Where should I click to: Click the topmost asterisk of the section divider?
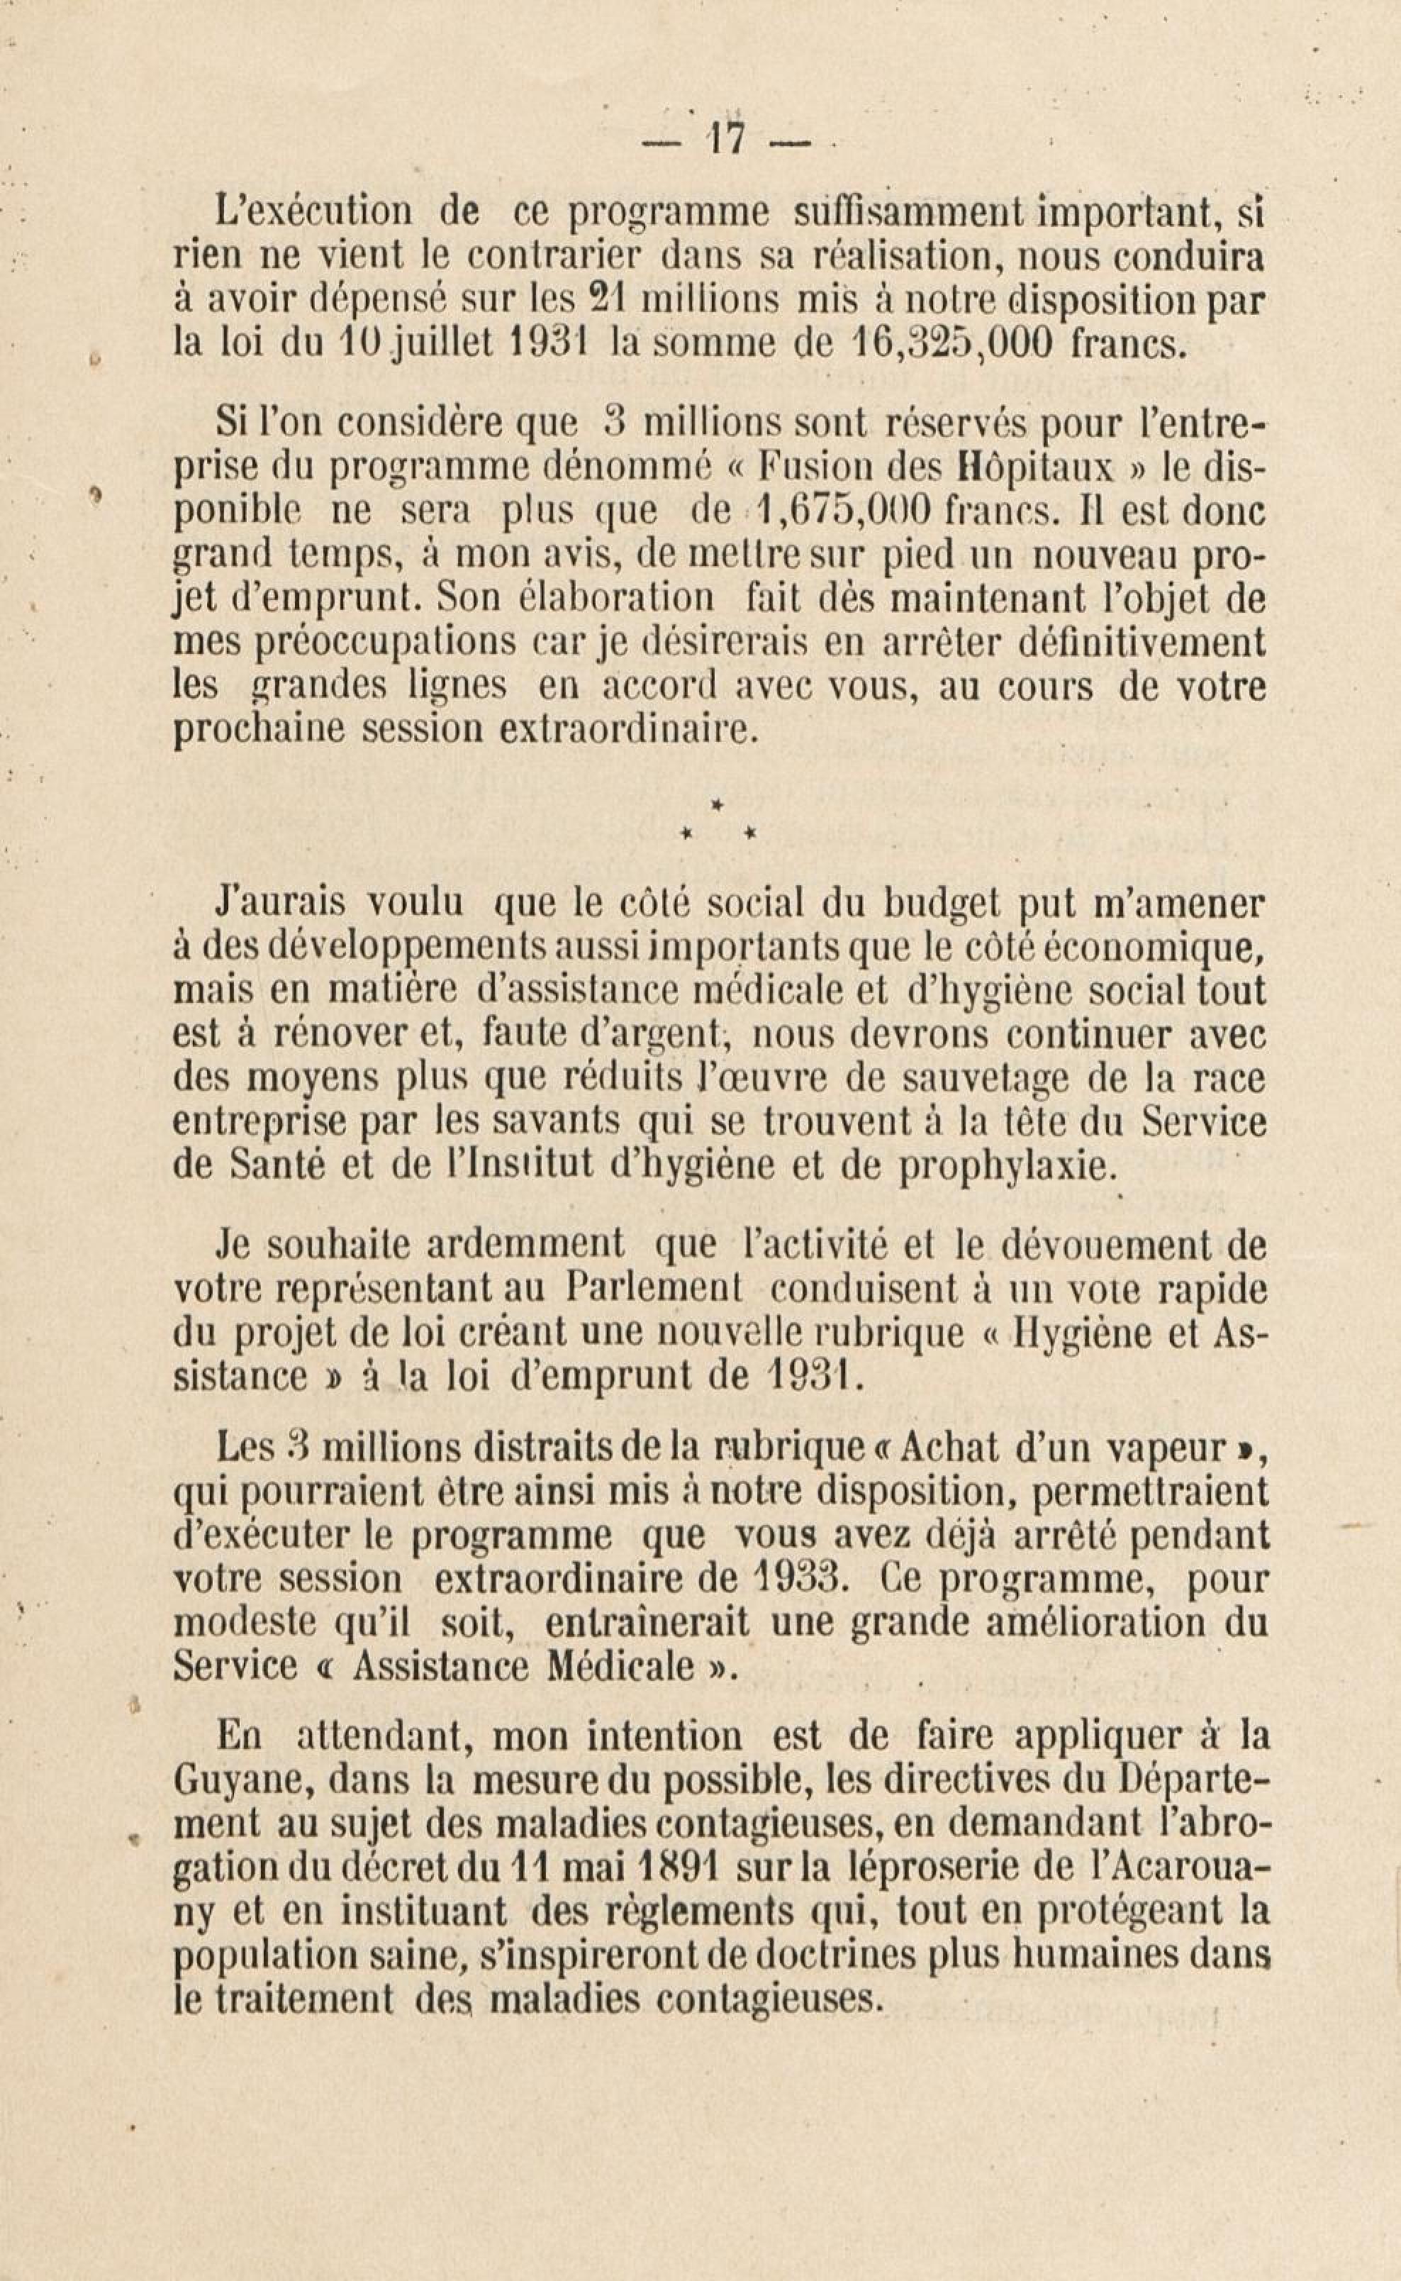[x=716, y=806]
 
